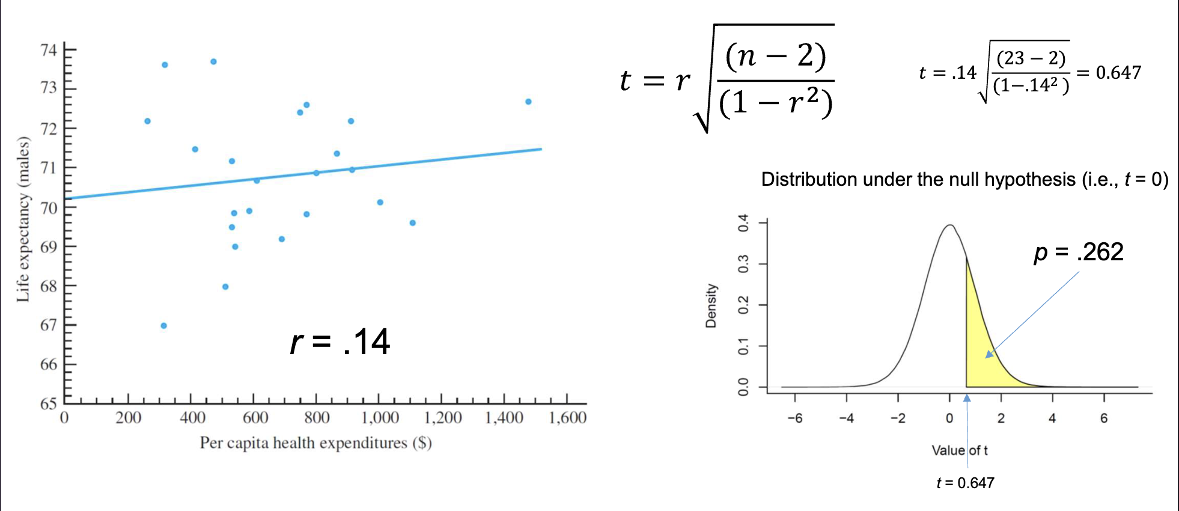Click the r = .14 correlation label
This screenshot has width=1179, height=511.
tap(340, 342)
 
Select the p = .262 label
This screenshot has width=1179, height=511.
tap(1079, 252)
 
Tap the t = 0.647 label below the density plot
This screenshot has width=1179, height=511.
tap(965, 483)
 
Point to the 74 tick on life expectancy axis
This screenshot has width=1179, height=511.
tap(49, 50)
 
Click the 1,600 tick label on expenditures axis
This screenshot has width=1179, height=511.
tap(567, 417)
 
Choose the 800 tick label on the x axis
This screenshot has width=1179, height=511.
tap(317, 417)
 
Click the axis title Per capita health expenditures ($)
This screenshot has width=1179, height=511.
tap(315, 443)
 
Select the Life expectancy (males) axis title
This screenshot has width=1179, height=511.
tap(23, 219)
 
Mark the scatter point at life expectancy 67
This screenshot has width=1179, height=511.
tap(163, 326)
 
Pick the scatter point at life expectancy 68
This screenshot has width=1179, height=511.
tap(225, 287)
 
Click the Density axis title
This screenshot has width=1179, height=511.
tap(711, 305)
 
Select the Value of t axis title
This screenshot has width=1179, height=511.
tap(959, 450)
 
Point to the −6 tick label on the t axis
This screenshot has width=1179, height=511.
tap(794, 418)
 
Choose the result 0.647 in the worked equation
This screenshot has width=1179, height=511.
tap(1118, 73)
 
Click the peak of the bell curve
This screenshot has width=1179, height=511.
tap(950, 226)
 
